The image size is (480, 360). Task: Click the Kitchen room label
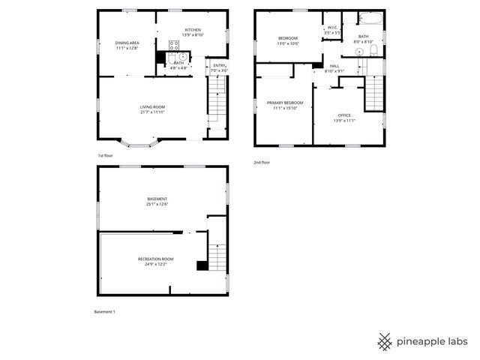(193, 30)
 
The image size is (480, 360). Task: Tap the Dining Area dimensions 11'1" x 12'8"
(127, 48)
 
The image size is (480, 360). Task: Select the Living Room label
(152, 107)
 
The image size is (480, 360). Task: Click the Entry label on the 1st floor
(219, 65)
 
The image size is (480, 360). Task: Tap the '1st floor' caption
(104, 155)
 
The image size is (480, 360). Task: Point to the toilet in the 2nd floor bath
(371, 51)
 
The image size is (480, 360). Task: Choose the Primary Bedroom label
(285, 102)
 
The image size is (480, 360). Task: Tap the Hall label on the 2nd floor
(334, 66)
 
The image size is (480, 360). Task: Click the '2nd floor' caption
(262, 162)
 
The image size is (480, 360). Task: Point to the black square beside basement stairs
(201, 265)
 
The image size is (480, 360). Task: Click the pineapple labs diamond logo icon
(385, 341)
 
